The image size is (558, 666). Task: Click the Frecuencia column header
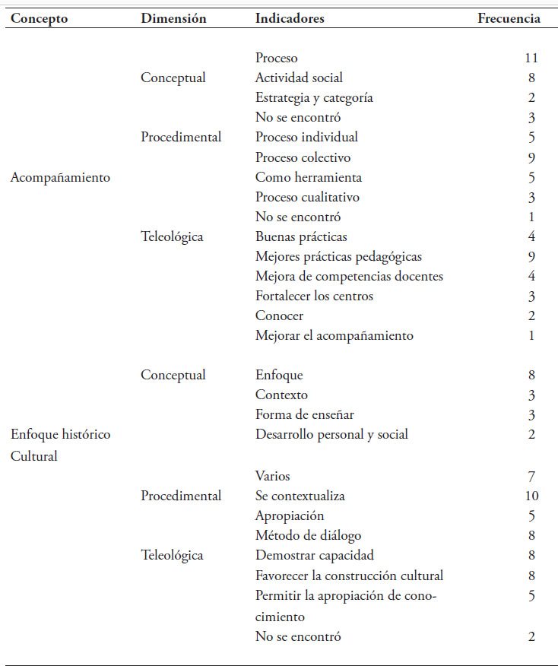point(509,19)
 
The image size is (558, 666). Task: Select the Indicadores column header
point(290,19)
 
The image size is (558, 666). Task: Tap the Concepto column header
point(39,19)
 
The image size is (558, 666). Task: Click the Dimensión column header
point(173,19)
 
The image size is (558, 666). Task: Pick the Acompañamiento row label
point(60,178)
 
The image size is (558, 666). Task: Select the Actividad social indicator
point(299,78)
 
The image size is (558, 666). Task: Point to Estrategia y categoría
point(314,97)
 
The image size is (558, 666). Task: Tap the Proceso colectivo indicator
point(303,157)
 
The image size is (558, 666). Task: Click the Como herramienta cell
point(308,177)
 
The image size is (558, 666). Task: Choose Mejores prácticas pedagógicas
point(338,256)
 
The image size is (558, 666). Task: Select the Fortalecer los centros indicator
point(314,296)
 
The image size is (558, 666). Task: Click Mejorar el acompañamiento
point(334,335)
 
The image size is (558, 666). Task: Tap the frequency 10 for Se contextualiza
point(531,496)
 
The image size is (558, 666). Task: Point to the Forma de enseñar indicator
point(304,414)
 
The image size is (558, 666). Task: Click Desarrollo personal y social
point(331,434)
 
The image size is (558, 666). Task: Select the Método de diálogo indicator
point(308,535)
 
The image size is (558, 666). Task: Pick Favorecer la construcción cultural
point(349,575)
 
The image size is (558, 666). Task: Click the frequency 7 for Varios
point(531,476)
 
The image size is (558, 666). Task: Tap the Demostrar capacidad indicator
point(314,555)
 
